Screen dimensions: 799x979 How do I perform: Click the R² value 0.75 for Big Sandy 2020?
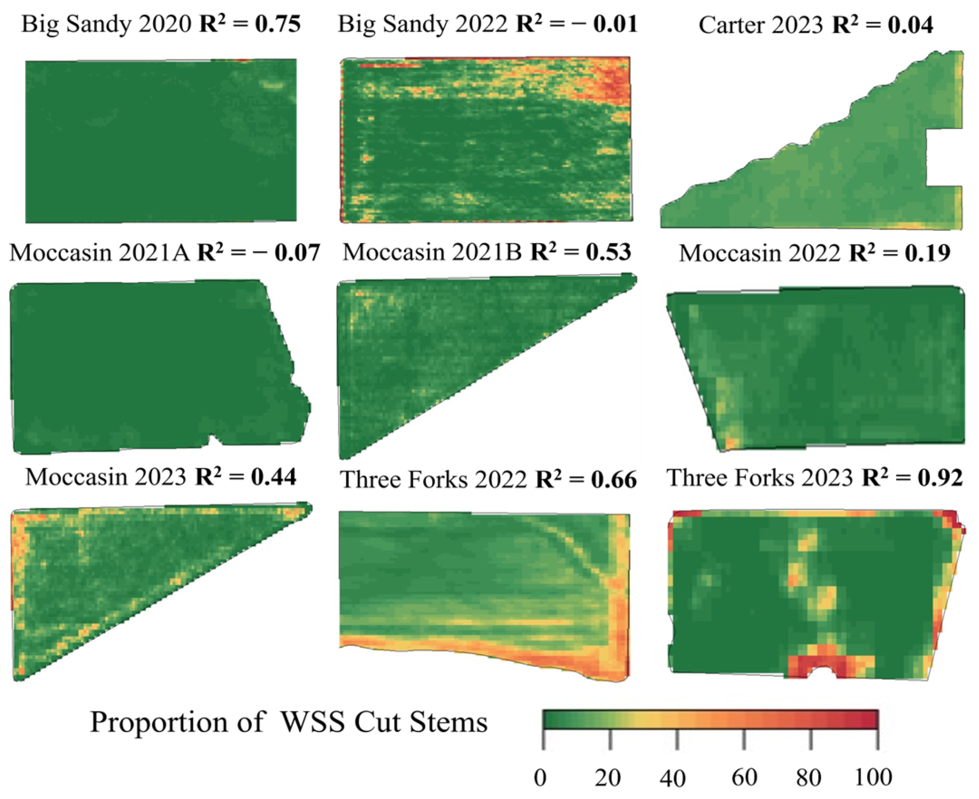tap(278, 24)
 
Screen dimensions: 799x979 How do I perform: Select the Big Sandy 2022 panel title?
tap(422, 24)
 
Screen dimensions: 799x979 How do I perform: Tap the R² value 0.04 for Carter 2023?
tap(910, 25)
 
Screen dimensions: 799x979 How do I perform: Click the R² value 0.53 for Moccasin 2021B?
tap(608, 252)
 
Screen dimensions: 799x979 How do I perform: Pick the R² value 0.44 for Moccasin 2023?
tap(274, 477)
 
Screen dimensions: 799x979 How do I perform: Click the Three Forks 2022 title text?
tap(433, 480)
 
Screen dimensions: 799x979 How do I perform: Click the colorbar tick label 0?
tap(540, 778)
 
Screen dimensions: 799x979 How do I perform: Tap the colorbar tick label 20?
tap(607, 778)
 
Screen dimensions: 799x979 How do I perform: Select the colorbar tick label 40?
tap(673, 778)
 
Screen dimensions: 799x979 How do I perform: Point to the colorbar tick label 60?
tap(744, 778)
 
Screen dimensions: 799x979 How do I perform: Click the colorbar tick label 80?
tap(809, 778)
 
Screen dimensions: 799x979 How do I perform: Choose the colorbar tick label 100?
tap(873, 778)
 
